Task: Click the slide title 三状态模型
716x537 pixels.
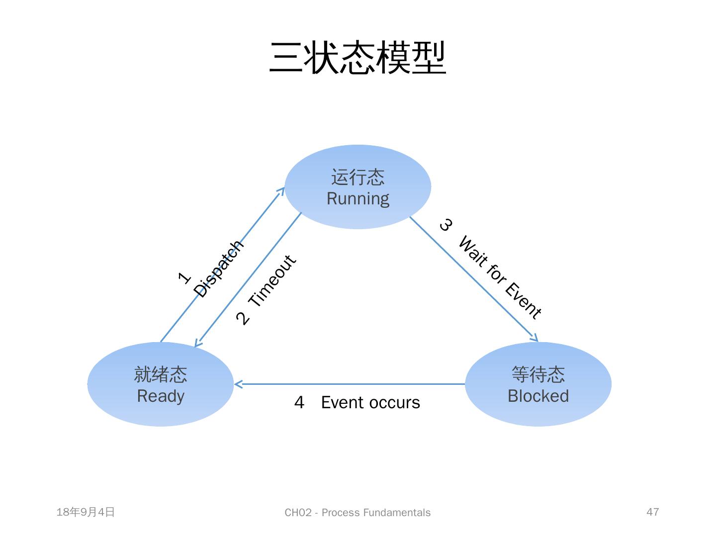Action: pos(358,58)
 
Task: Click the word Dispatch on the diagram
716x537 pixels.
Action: pos(219,269)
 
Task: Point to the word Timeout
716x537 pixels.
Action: pos(272,281)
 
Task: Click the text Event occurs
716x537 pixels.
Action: pos(370,402)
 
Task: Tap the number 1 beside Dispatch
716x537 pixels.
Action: pos(184,278)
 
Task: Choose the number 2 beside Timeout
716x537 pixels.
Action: pos(243,318)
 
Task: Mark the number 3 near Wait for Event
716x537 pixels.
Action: pos(446,225)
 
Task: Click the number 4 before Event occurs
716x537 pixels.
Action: pos(299,402)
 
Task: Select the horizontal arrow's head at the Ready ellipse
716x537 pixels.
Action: pos(237,384)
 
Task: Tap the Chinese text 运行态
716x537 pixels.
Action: pos(358,177)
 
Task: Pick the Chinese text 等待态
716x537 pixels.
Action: pos(538,374)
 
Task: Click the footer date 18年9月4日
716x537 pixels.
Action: pos(86,512)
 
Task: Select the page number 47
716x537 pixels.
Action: pos(652,512)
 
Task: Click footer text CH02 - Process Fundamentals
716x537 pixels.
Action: pos(358,513)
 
